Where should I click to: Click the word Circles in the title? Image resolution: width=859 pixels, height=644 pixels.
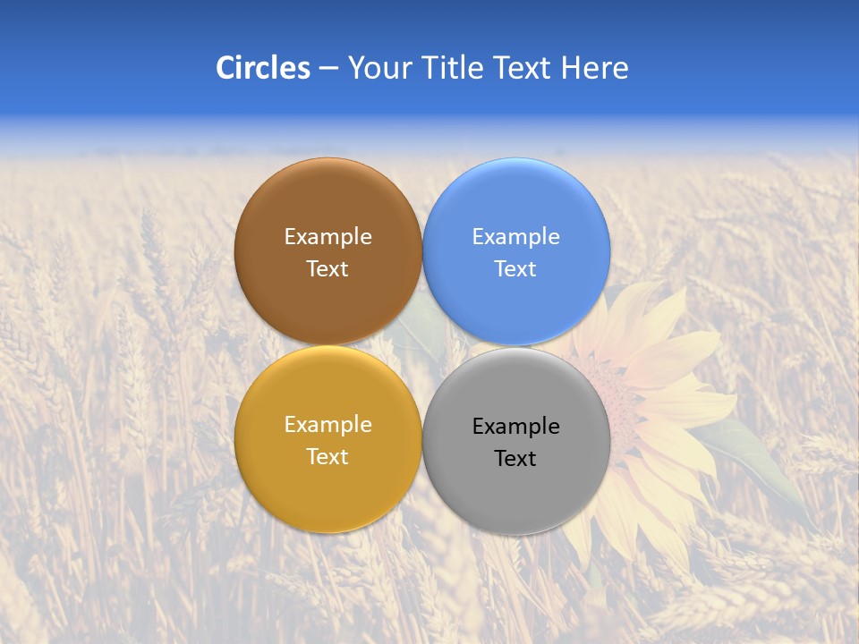tap(262, 68)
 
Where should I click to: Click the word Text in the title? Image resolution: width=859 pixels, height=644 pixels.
tap(523, 68)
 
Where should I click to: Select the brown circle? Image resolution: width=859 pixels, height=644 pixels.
tap(327, 304)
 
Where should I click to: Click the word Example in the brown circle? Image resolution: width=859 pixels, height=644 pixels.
tap(327, 237)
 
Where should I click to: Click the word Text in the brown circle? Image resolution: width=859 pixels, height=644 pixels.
tap(327, 269)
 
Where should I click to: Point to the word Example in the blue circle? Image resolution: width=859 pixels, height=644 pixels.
tap(516, 237)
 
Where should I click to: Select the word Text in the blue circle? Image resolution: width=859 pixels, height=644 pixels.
tap(516, 269)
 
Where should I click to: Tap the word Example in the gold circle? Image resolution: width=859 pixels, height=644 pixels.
tap(327, 425)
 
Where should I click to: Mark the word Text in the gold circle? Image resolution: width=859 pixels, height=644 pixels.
tap(327, 457)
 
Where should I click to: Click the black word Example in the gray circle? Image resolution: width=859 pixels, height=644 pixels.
tap(516, 427)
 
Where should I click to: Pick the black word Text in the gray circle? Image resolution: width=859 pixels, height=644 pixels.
tap(516, 459)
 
